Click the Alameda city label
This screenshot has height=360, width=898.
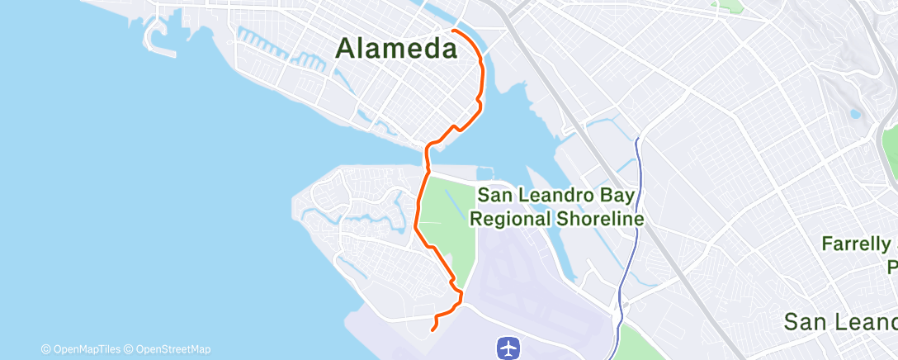tap(396, 50)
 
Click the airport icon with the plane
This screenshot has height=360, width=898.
tap(508, 348)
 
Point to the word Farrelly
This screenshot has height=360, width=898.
tap(857, 244)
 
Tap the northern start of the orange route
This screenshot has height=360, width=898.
tap(453, 31)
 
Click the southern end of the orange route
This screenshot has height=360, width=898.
tap(433, 330)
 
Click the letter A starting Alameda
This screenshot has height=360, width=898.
tap(347, 50)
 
